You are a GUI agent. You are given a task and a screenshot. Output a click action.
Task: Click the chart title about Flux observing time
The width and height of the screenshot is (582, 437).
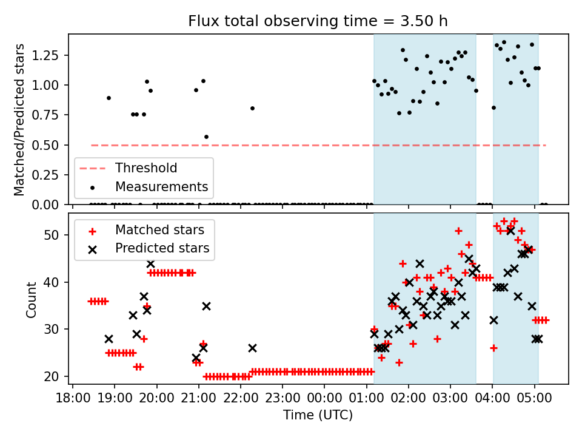(318, 21)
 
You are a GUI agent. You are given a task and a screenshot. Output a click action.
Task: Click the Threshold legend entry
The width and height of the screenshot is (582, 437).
(146, 168)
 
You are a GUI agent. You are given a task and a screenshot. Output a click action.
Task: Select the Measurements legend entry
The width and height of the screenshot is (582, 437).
(161, 186)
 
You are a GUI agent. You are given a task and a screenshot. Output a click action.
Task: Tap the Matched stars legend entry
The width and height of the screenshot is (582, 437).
(159, 231)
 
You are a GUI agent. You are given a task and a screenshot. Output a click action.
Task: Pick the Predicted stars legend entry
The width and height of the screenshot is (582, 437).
(162, 248)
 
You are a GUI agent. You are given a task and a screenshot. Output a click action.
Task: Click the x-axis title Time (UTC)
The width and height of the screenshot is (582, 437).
(318, 416)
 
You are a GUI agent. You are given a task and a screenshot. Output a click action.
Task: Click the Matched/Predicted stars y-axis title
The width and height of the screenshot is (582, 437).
(20, 120)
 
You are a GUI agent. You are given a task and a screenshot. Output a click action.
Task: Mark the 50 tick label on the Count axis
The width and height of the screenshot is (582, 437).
(55, 235)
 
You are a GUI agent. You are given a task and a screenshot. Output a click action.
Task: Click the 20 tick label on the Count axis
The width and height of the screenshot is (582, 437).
(55, 376)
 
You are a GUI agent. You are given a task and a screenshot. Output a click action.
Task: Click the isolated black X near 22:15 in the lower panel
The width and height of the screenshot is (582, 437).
(252, 348)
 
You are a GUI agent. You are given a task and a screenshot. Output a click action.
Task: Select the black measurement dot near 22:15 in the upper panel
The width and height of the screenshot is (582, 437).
(252, 108)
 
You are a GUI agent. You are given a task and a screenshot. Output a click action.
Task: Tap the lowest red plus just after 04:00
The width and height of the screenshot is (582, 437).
(493, 348)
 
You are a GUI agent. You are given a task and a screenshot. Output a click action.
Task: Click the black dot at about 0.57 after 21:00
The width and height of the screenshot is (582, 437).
(206, 137)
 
